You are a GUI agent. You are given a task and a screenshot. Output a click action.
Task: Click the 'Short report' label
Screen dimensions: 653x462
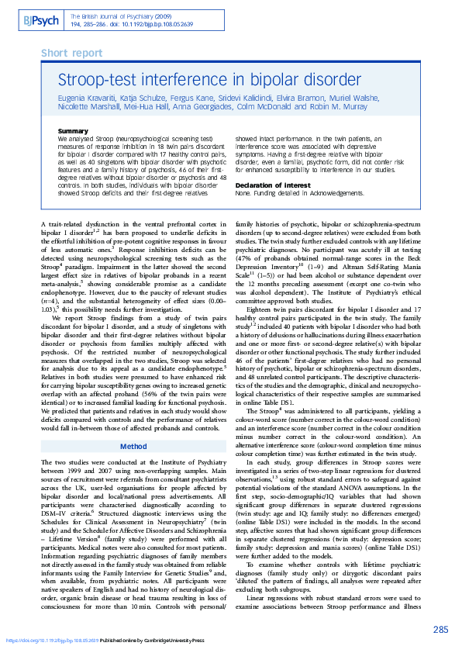(71, 54)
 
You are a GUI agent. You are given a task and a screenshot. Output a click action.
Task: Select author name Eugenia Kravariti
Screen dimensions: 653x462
(88, 99)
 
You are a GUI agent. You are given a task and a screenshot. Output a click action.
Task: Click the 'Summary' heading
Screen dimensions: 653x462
(73, 131)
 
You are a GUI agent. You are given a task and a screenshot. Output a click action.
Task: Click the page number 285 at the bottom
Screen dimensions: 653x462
(440, 630)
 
